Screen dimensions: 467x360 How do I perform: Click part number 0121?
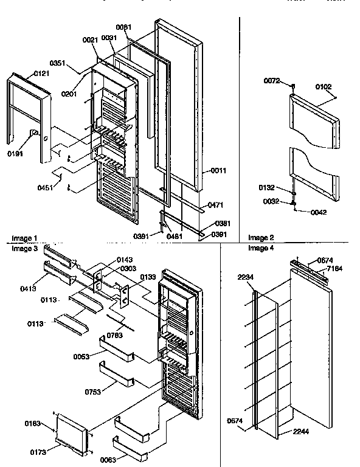[41, 74]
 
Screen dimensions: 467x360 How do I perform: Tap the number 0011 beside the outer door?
[218, 171]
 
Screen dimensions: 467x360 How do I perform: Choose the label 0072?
[272, 80]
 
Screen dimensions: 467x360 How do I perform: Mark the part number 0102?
[324, 87]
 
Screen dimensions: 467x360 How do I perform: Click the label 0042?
[318, 212]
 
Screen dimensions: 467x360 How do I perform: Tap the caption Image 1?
[24, 238]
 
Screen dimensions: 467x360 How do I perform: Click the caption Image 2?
[261, 237]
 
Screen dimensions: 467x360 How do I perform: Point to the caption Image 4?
[261, 248]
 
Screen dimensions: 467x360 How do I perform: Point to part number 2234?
[246, 278]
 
